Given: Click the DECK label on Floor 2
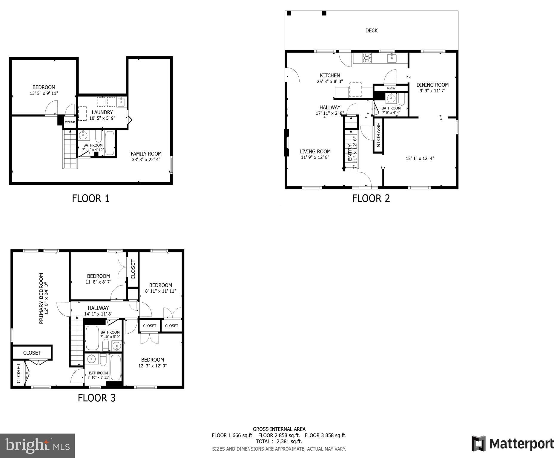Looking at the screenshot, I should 371,30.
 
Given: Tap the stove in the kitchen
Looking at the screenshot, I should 367,58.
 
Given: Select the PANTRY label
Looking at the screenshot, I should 391,88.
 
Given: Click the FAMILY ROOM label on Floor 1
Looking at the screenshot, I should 146,154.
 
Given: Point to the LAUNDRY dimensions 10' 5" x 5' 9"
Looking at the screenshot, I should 102,118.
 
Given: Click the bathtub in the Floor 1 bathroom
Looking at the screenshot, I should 110,143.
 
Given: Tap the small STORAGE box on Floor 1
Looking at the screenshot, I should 70,122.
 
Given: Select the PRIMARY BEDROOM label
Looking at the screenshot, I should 41,298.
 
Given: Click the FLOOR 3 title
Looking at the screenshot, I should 96,398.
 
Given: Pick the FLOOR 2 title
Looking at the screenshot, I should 371,198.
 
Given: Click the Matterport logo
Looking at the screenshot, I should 513,444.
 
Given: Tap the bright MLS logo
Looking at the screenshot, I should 37,445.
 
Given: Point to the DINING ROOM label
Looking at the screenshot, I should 432,85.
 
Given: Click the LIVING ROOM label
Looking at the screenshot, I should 315,151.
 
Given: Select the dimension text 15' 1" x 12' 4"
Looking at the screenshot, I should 420,159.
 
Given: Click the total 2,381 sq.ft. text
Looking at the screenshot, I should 279,441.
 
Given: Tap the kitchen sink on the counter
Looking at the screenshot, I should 392,58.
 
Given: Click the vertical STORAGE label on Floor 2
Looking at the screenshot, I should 378,135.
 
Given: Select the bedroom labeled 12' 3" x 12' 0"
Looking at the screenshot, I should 152,360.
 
